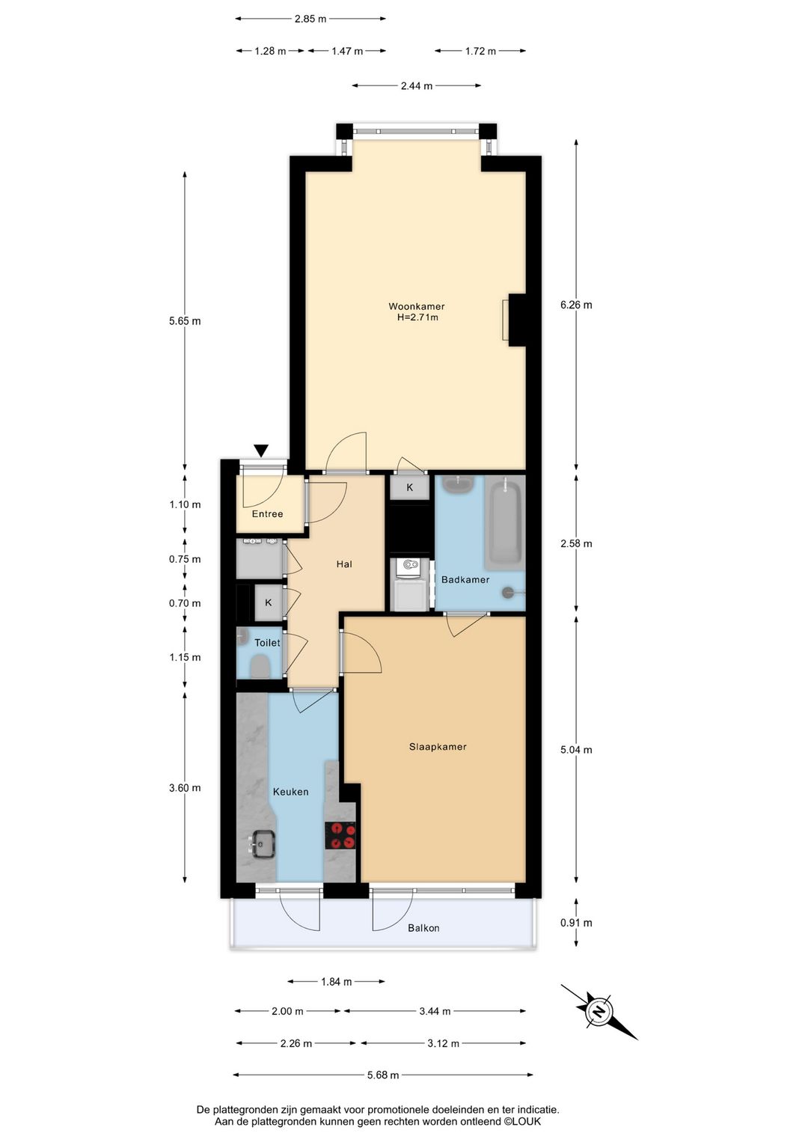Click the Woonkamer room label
[x=416, y=306]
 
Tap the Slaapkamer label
[x=438, y=747]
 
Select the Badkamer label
[x=465, y=580]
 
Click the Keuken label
[x=290, y=792]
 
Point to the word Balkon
[x=423, y=928]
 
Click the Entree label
[x=267, y=514]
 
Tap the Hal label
[x=344, y=564]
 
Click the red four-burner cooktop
[x=340, y=836]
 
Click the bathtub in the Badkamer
[x=504, y=523]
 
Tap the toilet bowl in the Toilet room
[x=260, y=666]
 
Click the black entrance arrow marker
[x=261, y=451]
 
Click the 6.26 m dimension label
[x=576, y=305]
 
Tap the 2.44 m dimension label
[x=417, y=86]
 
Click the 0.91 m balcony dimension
[x=576, y=923]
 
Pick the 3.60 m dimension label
[x=185, y=788]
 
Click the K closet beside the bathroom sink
[x=409, y=487]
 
